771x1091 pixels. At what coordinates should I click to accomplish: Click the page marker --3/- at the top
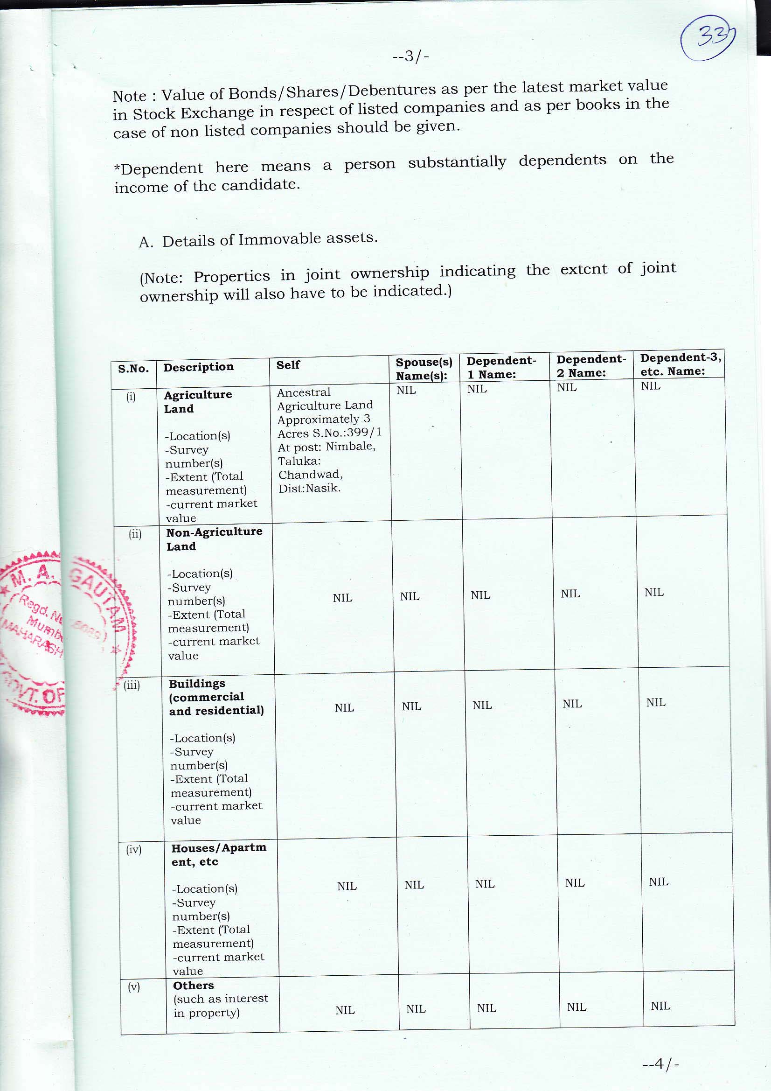[411, 57]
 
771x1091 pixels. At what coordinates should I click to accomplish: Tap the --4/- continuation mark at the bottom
[661, 1063]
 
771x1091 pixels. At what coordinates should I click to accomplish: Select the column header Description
[198, 367]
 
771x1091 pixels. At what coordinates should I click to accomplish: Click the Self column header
[288, 364]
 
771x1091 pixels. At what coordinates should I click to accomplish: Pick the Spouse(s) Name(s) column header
[423, 369]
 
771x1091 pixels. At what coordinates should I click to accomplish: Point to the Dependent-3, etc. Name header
[680, 364]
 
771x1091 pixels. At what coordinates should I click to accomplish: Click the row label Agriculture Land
[198, 401]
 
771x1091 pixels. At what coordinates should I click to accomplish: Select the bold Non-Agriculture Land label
[214, 539]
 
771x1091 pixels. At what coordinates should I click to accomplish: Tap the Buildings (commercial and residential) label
[216, 697]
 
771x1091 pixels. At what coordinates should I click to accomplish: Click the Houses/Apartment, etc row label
[219, 854]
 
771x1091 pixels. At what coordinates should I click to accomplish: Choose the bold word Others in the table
[194, 986]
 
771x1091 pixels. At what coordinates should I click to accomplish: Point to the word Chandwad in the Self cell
[310, 474]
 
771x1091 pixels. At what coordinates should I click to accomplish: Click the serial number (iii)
[132, 685]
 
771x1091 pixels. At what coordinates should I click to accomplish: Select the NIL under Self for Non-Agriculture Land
[342, 598]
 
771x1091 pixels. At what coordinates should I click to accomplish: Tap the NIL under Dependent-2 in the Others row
[576, 1007]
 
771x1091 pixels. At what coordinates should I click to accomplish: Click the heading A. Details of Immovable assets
[258, 240]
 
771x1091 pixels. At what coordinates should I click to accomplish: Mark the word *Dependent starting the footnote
[158, 168]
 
